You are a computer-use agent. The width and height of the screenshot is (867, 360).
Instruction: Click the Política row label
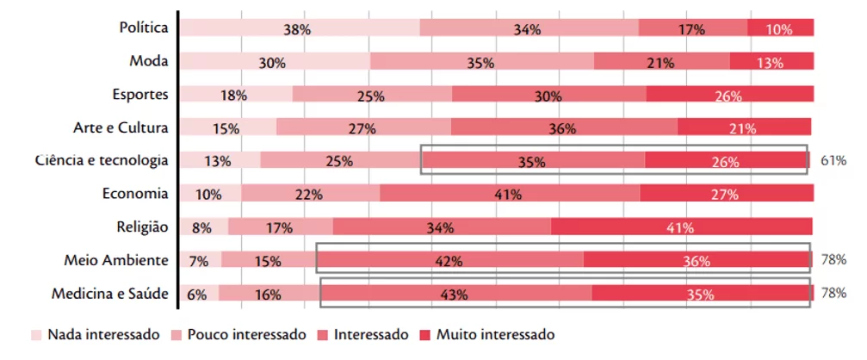(x=144, y=27)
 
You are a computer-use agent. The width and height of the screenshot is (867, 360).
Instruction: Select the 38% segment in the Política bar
(x=300, y=27)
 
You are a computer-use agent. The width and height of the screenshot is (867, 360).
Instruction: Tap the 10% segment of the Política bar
(x=780, y=27)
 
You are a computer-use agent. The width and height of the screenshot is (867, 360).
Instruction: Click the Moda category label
(x=149, y=61)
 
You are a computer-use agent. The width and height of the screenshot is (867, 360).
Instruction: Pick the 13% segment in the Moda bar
(x=771, y=61)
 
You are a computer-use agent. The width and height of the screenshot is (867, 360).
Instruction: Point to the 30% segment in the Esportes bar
(x=549, y=94)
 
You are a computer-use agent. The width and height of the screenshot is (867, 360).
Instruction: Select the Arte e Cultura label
(x=121, y=127)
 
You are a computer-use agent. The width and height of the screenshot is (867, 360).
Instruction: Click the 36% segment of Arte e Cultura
(x=564, y=127)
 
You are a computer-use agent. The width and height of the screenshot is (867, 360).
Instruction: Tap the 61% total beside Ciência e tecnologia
(x=833, y=161)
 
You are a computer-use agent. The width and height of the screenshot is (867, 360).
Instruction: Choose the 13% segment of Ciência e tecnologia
(x=220, y=160)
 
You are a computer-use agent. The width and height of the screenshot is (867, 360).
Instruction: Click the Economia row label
(x=135, y=194)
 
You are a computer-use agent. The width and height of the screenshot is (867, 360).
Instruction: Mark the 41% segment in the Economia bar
(x=510, y=193)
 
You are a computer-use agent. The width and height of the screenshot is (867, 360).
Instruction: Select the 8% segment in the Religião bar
(x=204, y=227)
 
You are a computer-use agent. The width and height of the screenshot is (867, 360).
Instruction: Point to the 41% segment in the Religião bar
(x=682, y=227)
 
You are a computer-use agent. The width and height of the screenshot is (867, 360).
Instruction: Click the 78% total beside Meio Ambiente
(x=833, y=259)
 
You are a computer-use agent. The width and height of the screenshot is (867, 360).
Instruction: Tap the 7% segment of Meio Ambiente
(x=201, y=260)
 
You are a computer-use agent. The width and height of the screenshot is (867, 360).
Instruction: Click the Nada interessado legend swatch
(x=36, y=335)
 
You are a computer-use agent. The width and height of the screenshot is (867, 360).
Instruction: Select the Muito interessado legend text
(x=495, y=334)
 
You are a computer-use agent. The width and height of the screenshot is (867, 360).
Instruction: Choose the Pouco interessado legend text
(x=246, y=334)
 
